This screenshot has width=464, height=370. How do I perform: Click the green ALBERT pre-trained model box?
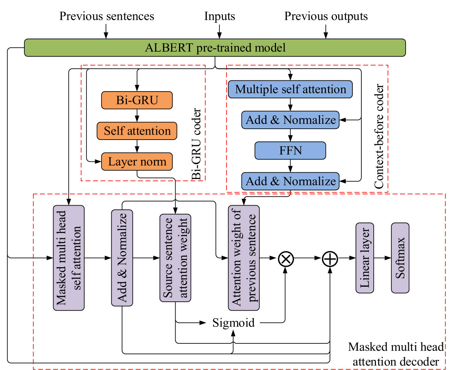[215, 48]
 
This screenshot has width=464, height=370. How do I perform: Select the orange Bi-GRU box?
[137, 100]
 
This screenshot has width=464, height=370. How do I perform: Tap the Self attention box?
[137, 131]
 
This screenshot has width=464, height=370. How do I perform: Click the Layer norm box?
[137, 162]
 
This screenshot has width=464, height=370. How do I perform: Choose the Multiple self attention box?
[290, 89]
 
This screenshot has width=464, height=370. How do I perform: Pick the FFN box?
[290, 150]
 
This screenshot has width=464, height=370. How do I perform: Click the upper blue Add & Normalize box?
[290, 120]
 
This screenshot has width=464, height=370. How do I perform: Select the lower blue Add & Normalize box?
[290, 181]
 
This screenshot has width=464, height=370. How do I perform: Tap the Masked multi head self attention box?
[69, 258]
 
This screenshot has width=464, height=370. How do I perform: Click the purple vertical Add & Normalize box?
[122, 258]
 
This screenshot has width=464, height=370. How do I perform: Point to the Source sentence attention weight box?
[175, 258]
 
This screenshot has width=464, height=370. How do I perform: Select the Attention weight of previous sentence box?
[244, 258]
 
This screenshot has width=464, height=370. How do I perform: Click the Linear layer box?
[364, 258]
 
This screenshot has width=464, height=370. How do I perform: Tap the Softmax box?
[400, 258]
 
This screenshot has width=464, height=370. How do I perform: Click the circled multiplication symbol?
[286, 259]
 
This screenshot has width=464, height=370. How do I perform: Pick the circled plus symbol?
[330, 259]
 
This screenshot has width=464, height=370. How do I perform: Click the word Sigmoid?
[233, 323]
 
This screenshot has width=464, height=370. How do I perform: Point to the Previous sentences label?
[107, 16]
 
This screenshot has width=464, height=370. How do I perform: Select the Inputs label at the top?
[219, 16]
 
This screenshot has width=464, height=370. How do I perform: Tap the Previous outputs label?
[326, 16]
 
